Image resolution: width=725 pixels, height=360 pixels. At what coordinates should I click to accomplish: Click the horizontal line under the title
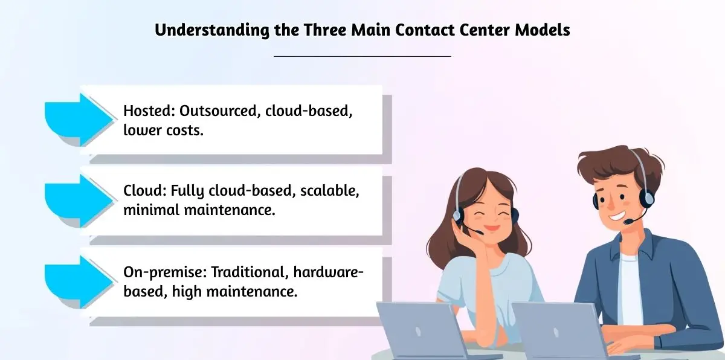[x=362, y=56]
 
